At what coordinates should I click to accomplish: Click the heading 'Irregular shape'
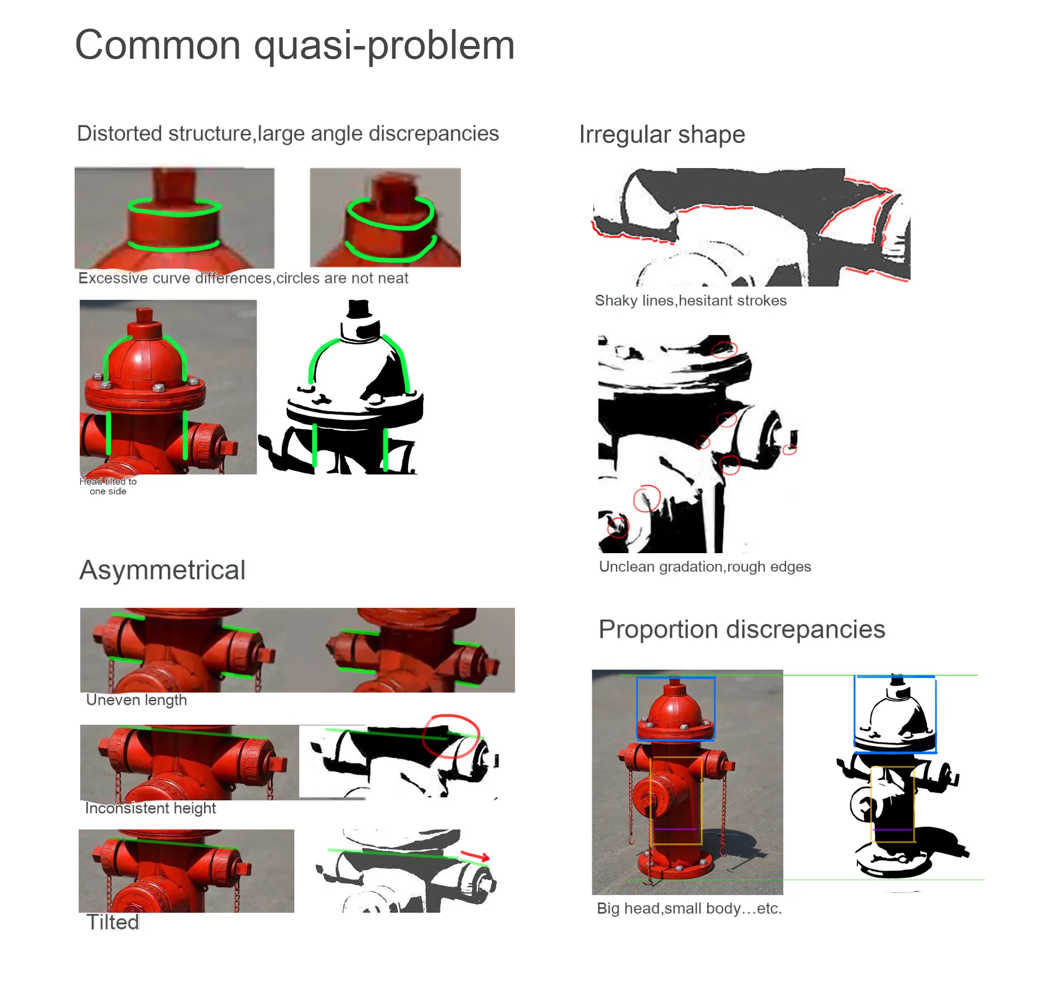(x=662, y=134)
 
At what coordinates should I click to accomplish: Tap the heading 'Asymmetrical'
(x=162, y=570)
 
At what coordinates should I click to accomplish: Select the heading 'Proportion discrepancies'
(x=741, y=630)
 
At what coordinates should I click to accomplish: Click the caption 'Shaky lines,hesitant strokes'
(x=690, y=301)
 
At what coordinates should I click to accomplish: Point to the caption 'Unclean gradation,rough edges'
(x=705, y=566)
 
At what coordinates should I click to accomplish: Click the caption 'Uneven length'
(x=136, y=700)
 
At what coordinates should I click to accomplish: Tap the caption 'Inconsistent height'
(x=151, y=809)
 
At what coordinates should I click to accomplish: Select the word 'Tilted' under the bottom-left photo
(x=113, y=922)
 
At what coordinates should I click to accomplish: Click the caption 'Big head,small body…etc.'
(x=689, y=908)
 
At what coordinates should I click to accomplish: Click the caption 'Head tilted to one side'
(x=108, y=486)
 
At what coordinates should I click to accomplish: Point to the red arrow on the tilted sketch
(x=474, y=856)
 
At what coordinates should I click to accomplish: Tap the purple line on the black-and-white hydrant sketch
(x=892, y=829)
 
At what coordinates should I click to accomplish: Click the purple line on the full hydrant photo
(x=675, y=829)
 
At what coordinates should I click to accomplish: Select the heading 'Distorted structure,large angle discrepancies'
(x=288, y=134)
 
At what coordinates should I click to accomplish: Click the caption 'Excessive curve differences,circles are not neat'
(x=243, y=278)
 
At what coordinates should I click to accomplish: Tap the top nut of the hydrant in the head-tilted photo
(x=144, y=316)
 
